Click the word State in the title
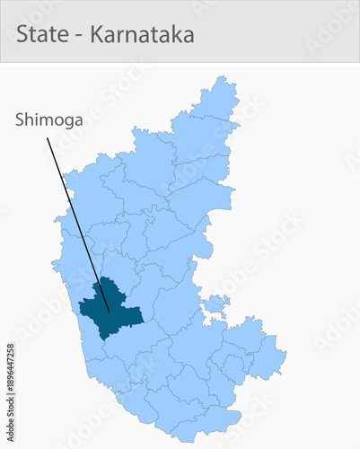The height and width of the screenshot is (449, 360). point(40,35)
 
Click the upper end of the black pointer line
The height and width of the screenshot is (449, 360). point(48,136)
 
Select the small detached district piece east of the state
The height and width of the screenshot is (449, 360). point(215,306)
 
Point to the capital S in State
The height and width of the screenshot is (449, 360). point(22,35)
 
